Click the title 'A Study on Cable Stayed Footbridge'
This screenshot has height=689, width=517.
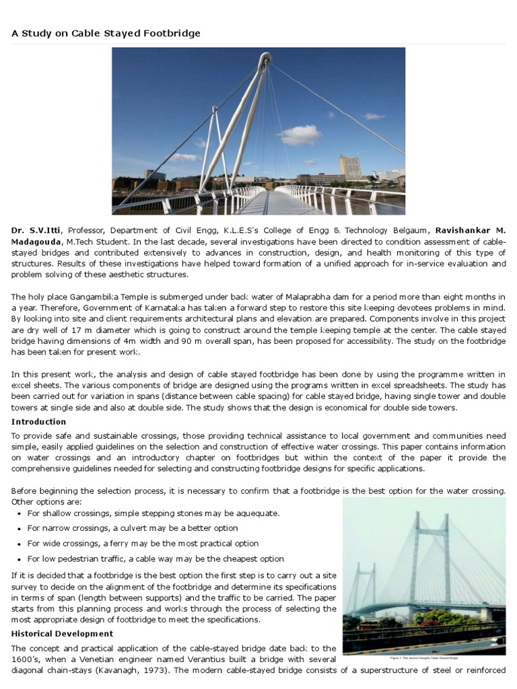click(106, 33)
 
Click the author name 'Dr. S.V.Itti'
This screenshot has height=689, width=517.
click(36, 231)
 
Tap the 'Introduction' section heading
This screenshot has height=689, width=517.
click(38, 422)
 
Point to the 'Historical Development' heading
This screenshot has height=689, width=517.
click(62, 634)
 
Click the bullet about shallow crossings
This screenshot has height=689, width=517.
click(153, 513)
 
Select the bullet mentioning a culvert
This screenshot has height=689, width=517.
click(133, 528)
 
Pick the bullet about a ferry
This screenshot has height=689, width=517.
click(143, 544)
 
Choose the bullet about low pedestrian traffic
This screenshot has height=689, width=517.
click(156, 558)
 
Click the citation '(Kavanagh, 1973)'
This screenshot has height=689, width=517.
click(147, 670)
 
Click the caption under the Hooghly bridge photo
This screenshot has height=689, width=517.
click(424, 657)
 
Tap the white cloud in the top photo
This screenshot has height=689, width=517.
click(300, 135)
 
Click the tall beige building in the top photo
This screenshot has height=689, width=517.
click(350, 168)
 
